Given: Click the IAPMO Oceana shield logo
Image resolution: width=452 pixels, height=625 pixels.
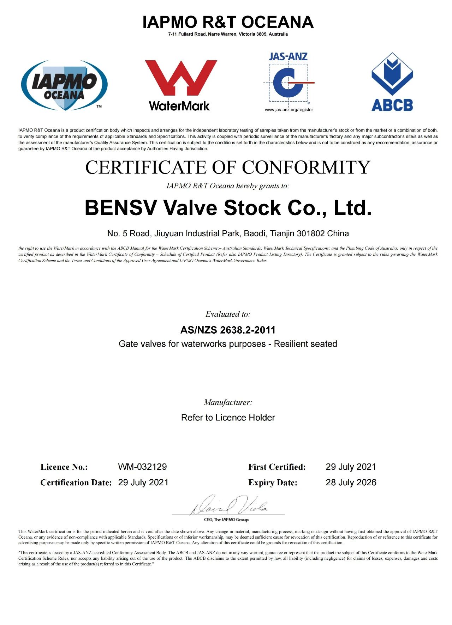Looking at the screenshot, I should (x=64, y=85).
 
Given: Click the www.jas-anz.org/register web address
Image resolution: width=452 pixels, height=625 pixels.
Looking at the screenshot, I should (x=289, y=110).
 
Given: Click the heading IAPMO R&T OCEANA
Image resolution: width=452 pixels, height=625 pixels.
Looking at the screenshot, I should (x=228, y=22).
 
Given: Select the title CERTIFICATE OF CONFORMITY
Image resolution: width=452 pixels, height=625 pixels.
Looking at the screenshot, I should (x=228, y=167).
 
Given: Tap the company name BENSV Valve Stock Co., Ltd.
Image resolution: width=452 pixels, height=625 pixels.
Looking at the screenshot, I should (x=228, y=208).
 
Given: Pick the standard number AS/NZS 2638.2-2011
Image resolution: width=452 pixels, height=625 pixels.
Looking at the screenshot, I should (x=228, y=330).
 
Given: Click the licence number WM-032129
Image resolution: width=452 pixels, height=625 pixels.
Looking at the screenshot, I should (x=142, y=467).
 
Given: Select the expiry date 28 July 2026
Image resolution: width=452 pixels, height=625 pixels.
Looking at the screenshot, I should (x=351, y=482).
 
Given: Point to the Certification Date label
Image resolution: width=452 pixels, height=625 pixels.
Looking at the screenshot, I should (x=76, y=483).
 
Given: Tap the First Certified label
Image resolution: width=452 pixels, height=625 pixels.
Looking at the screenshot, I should (x=277, y=467).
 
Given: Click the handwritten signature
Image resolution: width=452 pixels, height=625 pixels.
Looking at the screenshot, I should (x=230, y=505).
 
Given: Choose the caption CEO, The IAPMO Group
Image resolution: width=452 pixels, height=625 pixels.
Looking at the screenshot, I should (x=226, y=520).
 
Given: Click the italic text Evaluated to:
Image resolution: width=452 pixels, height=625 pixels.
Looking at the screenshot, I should (x=228, y=314).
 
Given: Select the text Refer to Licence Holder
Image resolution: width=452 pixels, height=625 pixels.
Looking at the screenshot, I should (x=228, y=418).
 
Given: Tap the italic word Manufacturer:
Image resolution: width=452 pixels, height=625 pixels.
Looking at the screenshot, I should (x=228, y=402).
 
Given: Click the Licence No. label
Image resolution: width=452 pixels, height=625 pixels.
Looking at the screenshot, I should (x=64, y=467).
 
